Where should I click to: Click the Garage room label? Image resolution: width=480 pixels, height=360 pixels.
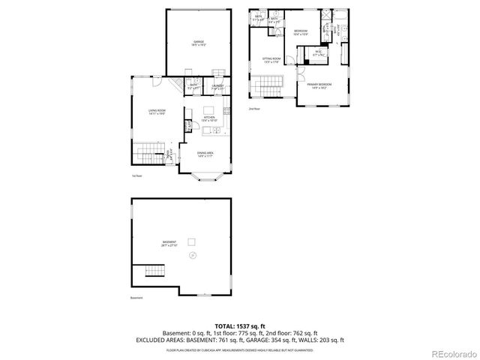(199, 43)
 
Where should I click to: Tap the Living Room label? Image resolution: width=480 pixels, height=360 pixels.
(156, 112)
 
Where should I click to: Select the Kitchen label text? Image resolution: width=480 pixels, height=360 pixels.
(209, 118)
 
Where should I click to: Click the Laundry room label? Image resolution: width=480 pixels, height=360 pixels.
(217, 87)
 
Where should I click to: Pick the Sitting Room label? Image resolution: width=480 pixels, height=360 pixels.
(271, 60)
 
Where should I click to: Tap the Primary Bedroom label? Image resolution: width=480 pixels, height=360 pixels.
(321, 86)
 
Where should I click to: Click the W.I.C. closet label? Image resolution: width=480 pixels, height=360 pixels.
(318, 52)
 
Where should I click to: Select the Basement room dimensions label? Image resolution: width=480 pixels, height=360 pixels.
(169, 244)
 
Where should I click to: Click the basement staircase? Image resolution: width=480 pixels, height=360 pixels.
(153, 271)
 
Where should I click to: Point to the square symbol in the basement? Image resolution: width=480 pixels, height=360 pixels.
(191, 241)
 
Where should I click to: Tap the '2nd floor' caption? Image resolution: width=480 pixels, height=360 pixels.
(254, 109)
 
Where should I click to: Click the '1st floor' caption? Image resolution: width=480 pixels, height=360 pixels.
(136, 176)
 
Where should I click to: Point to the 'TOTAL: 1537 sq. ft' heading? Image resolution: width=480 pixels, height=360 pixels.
(240, 325)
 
